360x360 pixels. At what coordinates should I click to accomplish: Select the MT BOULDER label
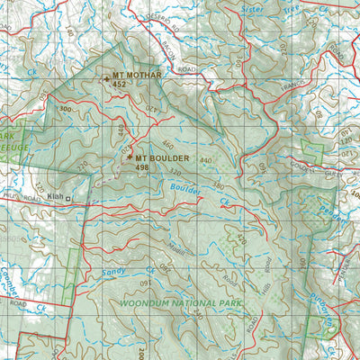coord(157,157)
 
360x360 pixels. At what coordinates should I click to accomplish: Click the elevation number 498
coord(141,167)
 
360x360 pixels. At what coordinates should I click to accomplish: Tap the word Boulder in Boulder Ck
coord(184,190)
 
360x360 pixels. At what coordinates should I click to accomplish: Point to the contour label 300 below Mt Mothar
coord(65,108)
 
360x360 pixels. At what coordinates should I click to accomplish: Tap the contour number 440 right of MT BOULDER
coord(204,160)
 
